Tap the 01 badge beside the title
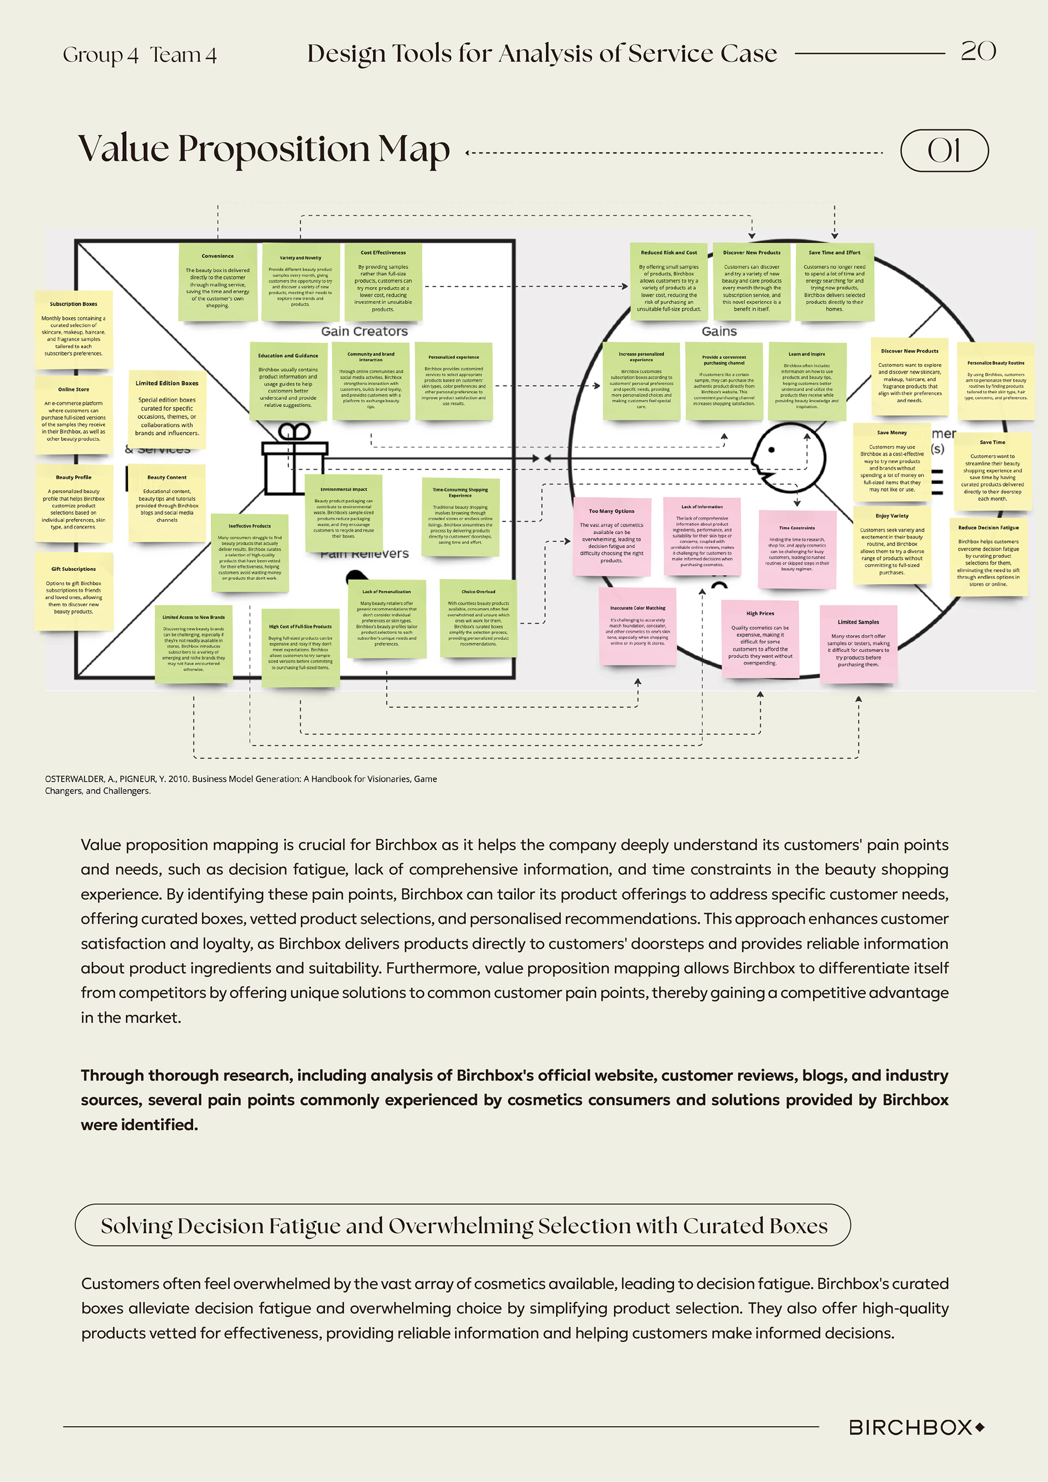[x=944, y=151]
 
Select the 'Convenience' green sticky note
[x=218, y=282]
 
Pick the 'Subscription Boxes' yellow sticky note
[x=74, y=329]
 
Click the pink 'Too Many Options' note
[x=611, y=536]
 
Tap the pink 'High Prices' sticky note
[x=760, y=639]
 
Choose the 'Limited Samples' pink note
[x=858, y=643]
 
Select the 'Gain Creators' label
[x=364, y=331]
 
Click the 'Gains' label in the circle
[x=719, y=331]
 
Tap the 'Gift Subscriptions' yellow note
[x=74, y=590]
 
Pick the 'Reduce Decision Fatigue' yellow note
[x=988, y=557]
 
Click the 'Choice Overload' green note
[x=479, y=618]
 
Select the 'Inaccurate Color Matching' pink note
[x=638, y=625]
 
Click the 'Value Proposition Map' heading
[x=264, y=150]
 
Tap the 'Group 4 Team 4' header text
[x=140, y=55]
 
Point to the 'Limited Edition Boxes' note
[x=166, y=409]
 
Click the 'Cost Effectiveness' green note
[x=383, y=282]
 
